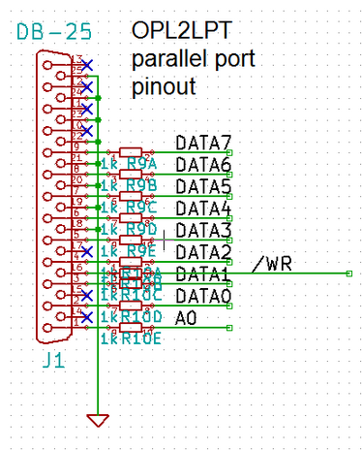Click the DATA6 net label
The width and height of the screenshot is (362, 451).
[203, 166]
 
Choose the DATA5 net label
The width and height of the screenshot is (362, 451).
[203, 187]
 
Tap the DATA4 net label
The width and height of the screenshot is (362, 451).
[203, 209]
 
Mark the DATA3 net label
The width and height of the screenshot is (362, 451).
[203, 231]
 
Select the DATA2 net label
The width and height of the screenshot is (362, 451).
[203, 252]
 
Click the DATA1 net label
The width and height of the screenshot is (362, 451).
[203, 274]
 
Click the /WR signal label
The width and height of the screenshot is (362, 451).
[273, 264]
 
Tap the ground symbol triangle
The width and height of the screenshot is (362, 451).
[97, 419]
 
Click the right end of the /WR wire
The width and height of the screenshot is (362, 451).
[348, 274]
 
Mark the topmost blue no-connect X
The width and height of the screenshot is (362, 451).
[87, 65]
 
